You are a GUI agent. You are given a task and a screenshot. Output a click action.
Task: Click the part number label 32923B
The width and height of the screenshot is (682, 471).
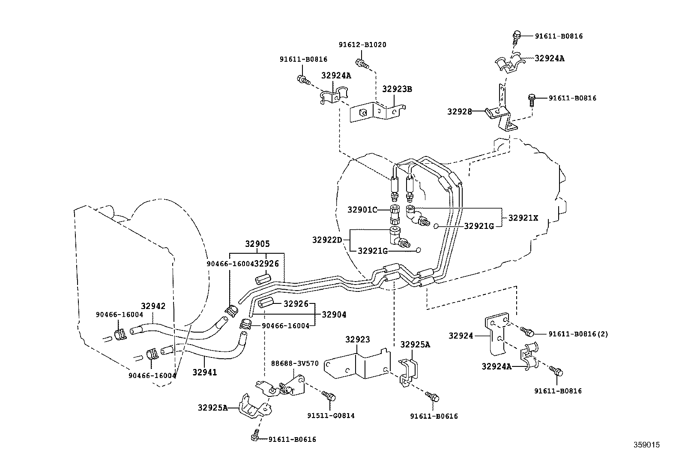(397, 89)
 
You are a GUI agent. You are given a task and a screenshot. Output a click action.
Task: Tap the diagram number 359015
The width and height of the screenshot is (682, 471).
(647, 445)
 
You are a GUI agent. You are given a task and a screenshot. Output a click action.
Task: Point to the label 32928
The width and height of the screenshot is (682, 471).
(459, 111)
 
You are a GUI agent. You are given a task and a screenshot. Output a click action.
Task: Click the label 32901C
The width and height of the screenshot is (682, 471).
(362, 210)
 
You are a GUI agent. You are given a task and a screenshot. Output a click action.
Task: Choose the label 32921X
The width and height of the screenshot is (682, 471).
(523, 218)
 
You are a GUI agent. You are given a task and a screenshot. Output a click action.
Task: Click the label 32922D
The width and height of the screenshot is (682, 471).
(327, 240)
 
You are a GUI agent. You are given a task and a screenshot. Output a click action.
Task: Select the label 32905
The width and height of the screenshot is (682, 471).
(257, 244)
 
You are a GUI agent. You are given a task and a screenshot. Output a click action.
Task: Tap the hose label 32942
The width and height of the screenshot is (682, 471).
(153, 306)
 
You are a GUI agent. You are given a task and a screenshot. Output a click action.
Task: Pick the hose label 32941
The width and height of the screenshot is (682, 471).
(204, 372)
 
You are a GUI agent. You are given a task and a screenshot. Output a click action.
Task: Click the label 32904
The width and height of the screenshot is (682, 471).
(334, 315)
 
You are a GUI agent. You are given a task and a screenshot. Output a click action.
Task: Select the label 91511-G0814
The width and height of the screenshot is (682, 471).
(331, 415)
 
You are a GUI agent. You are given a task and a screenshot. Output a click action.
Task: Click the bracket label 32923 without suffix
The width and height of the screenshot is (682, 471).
(357, 340)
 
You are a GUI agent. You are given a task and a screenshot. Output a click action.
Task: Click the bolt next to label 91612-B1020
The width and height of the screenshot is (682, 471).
(363, 65)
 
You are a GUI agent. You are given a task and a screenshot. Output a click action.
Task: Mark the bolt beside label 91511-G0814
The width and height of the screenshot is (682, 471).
(329, 396)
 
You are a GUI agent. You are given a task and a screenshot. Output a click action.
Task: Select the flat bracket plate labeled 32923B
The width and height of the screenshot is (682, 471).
(377, 113)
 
